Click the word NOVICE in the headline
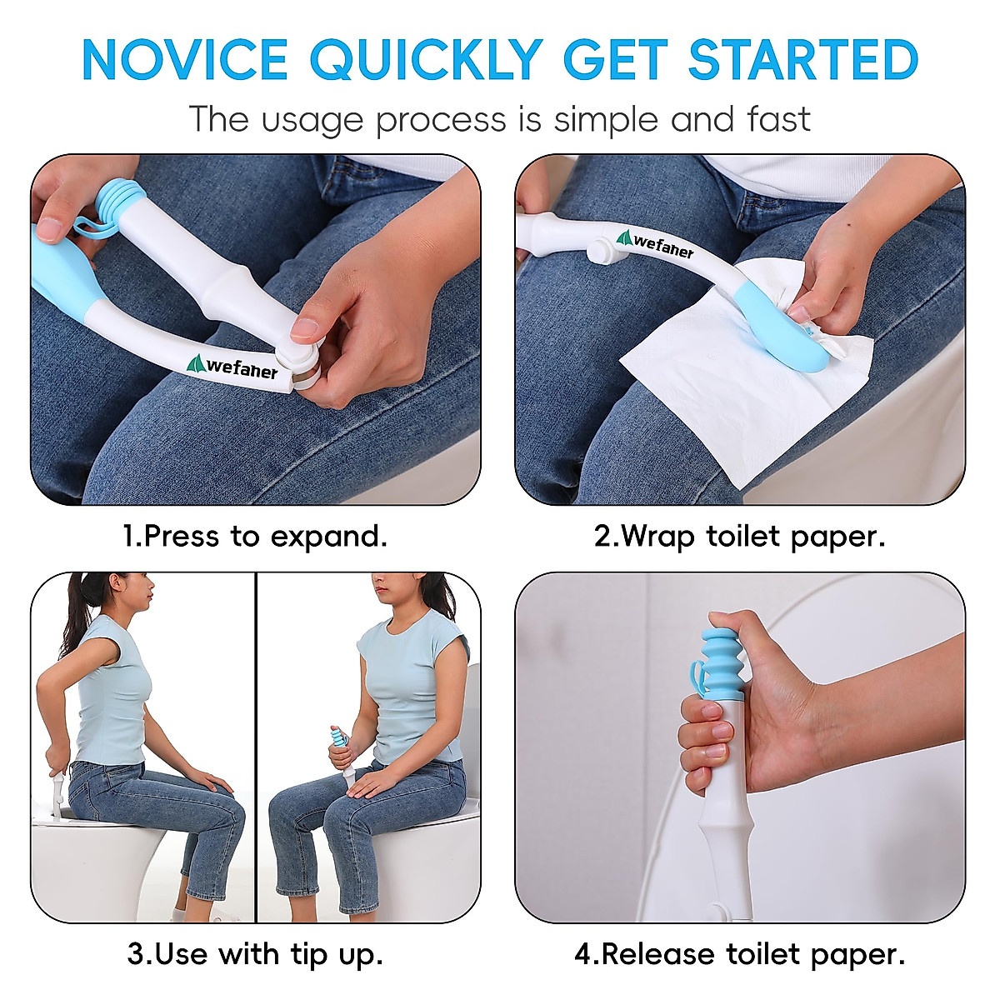pyautogui.click(x=185, y=60)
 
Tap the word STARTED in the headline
pyautogui.click(x=803, y=60)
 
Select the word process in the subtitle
pyautogui.click(x=441, y=119)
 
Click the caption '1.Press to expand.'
pyautogui.click(x=255, y=536)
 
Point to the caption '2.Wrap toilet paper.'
pyautogui.click(x=739, y=536)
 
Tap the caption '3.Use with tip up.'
pyautogui.click(x=255, y=954)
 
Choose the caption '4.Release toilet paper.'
pyautogui.click(x=739, y=954)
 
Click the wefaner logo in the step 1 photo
pyautogui.click(x=232, y=367)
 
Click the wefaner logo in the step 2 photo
pyautogui.click(x=655, y=244)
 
